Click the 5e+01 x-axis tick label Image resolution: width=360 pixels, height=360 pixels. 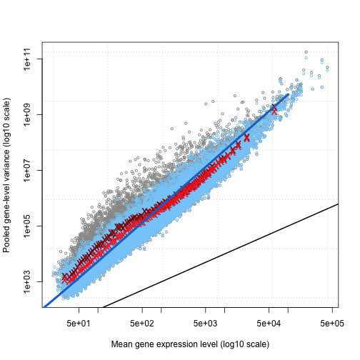[x=79, y=324]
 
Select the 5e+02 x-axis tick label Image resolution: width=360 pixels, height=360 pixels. [x=142, y=324]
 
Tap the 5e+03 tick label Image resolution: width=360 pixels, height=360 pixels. [x=205, y=324]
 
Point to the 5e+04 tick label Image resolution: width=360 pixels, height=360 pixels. [x=269, y=324]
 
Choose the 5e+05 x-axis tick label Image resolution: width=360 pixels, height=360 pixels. [x=332, y=324]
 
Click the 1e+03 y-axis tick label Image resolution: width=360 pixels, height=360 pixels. [x=27, y=281]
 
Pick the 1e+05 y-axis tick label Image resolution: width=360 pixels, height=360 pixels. [x=27, y=226]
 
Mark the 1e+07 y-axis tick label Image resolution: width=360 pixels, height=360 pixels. [x=27, y=170]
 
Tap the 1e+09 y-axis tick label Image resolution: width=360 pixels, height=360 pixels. [x=27, y=114]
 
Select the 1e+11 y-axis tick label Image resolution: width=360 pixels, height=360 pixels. [x=27, y=59]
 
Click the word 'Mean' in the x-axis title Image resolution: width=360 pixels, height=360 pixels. [x=122, y=344]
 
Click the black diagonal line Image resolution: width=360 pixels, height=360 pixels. [x=221, y=256]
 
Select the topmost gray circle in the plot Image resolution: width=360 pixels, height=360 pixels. [x=306, y=52]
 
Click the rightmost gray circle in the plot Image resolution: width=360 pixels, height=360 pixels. [x=327, y=67]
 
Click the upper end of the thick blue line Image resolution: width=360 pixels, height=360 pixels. [x=289, y=94]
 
